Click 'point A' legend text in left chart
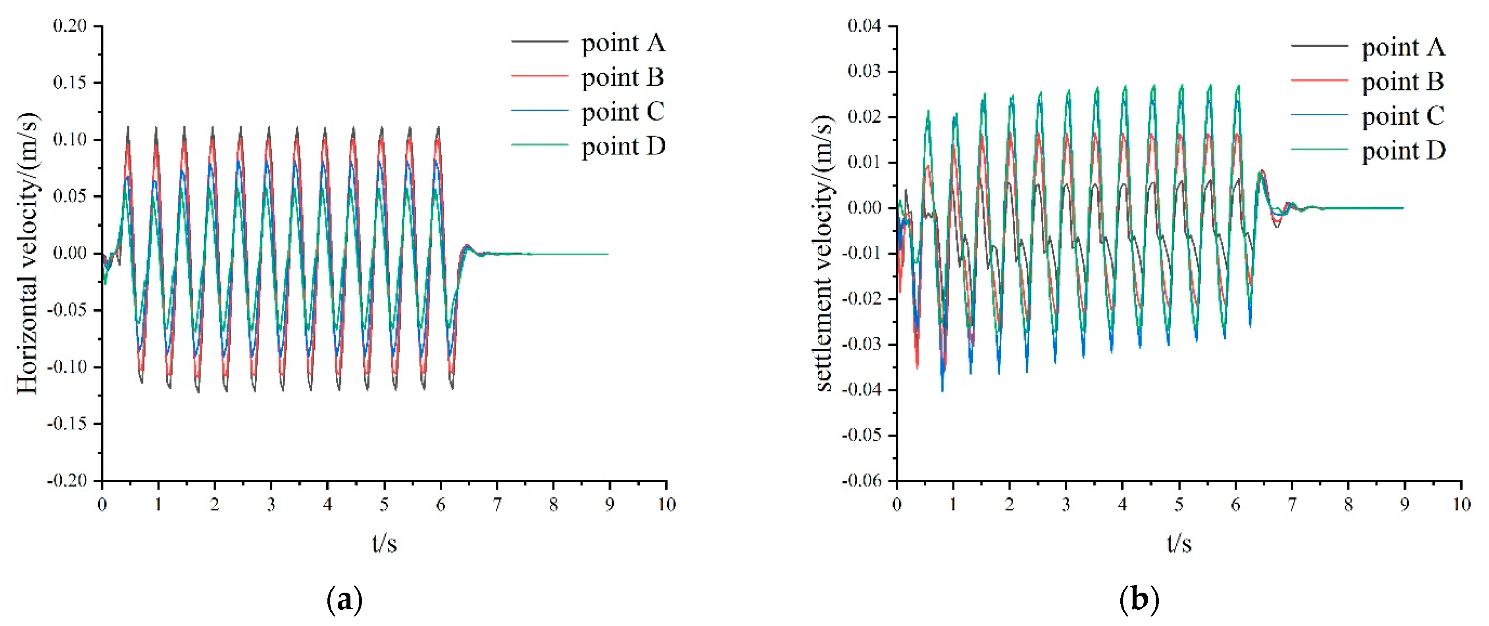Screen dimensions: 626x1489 [x=623, y=43]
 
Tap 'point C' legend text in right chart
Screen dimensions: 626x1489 [x=1403, y=116]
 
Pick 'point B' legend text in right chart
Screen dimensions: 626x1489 [x=1403, y=81]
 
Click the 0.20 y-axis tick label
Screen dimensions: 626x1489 [x=69, y=26]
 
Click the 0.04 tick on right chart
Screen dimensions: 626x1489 [x=864, y=26]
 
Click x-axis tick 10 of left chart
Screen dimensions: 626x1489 [x=666, y=505]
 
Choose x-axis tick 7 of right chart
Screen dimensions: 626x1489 [x=1292, y=505]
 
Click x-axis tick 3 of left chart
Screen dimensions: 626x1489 [x=271, y=505]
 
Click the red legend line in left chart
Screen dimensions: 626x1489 [x=539, y=76]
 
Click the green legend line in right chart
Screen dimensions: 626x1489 [x=1320, y=150]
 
